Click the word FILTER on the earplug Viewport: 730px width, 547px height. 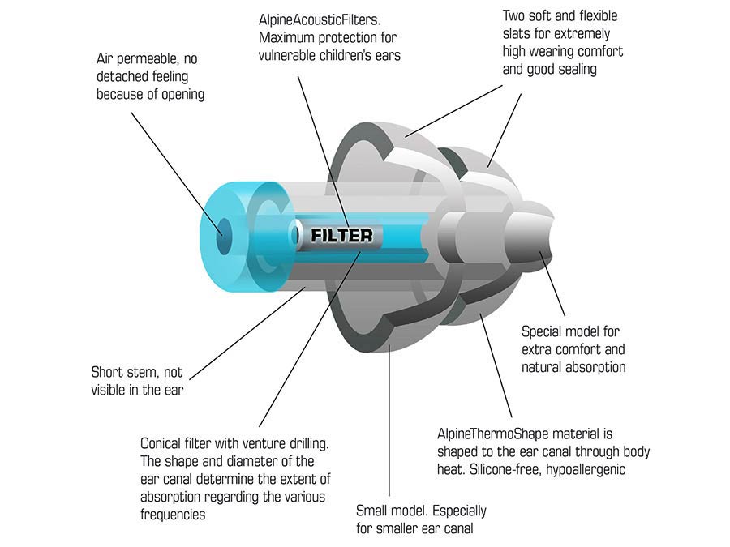pos(341,235)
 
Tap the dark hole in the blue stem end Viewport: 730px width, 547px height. pos(224,237)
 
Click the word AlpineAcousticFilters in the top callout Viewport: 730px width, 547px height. pos(320,20)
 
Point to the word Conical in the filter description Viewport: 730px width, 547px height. pos(161,443)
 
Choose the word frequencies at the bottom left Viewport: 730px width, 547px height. pos(173,515)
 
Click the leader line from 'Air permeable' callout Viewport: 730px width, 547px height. pos(177,173)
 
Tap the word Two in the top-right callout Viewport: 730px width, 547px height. pos(514,16)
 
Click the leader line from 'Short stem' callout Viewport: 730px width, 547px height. pos(247,333)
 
